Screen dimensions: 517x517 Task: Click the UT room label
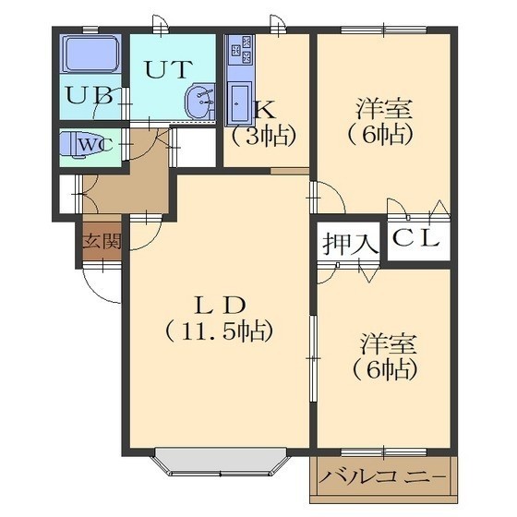(x=168, y=69)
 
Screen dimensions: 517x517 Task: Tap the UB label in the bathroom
(x=89, y=96)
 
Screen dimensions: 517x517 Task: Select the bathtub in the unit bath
(x=92, y=54)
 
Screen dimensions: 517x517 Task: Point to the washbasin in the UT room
(x=200, y=102)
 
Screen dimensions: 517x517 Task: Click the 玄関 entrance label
(x=102, y=242)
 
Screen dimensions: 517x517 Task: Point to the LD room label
(x=221, y=306)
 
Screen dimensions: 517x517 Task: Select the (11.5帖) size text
(x=220, y=331)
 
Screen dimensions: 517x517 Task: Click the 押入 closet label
(x=350, y=244)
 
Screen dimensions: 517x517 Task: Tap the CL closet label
(x=416, y=238)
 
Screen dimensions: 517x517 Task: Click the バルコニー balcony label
(x=383, y=478)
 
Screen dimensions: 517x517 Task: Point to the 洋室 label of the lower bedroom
(x=389, y=343)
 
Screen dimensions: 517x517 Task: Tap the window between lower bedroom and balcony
(x=384, y=452)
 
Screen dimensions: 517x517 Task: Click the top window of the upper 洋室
(x=384, y=30)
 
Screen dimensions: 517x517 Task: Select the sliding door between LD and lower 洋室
(x=314, y=358)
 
